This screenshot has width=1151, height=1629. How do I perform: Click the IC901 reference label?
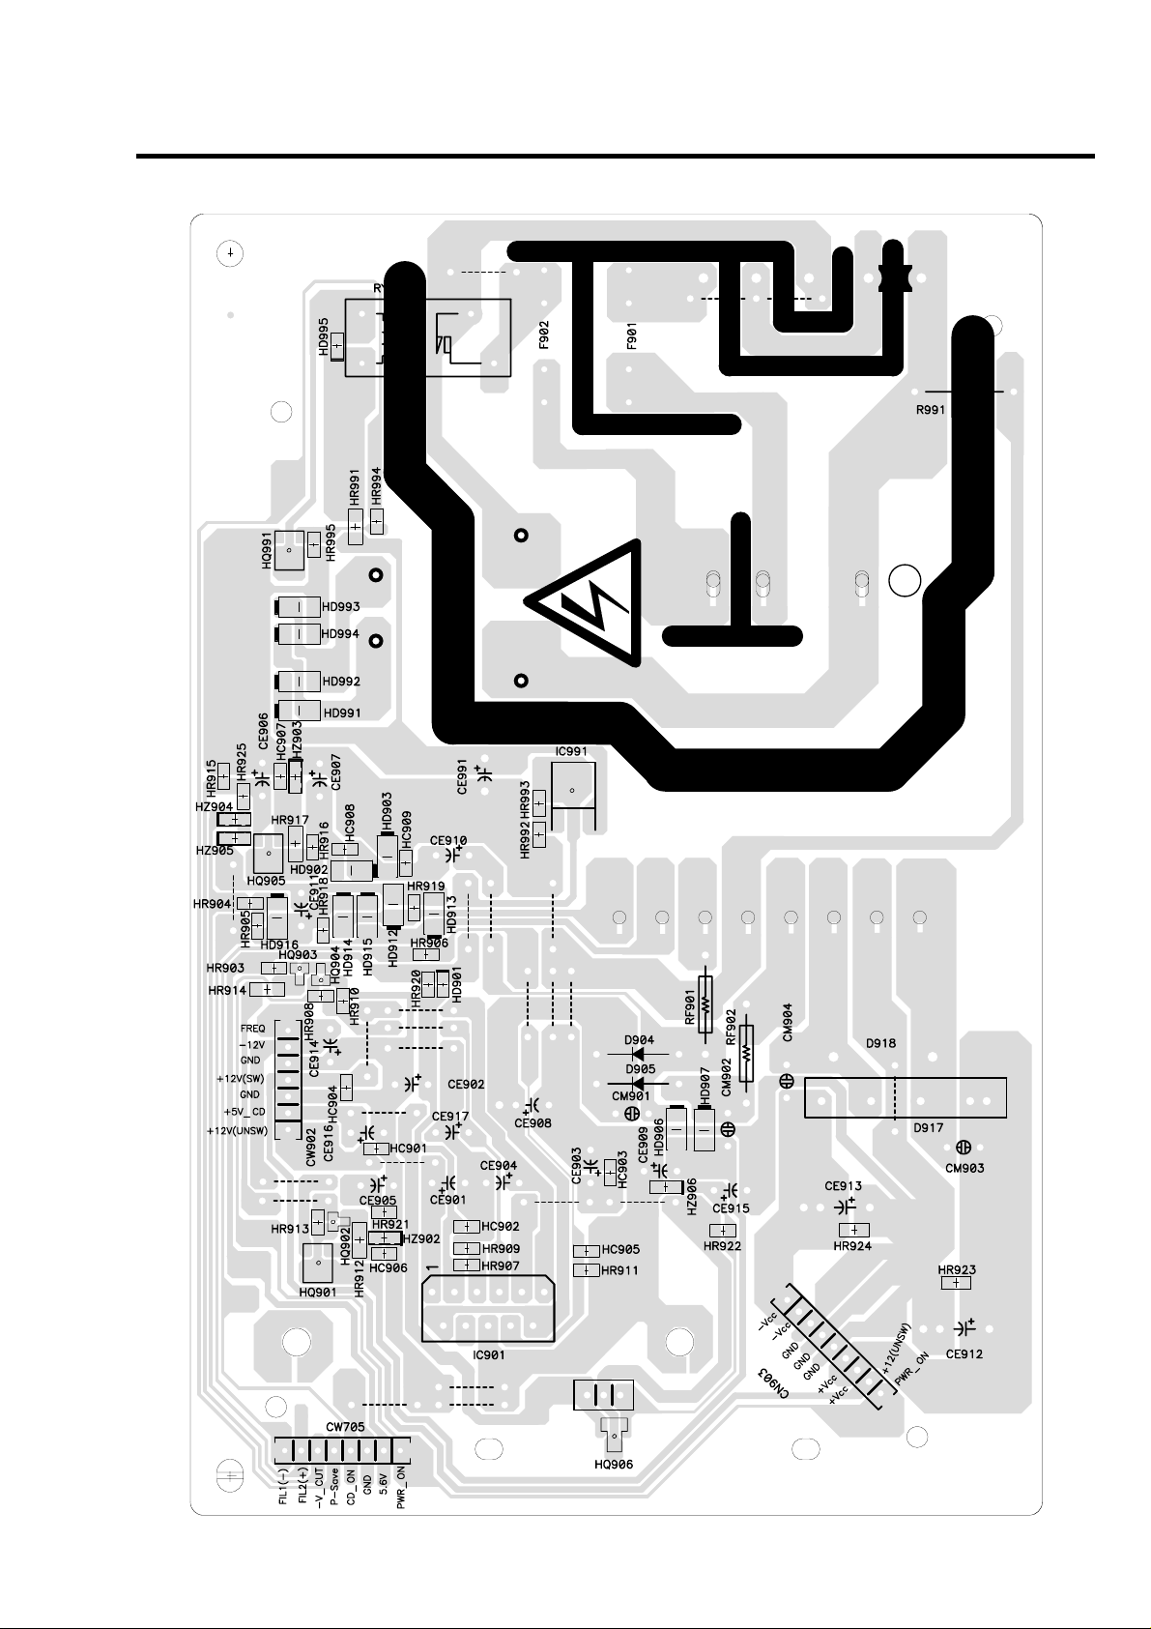tap(489, 1354)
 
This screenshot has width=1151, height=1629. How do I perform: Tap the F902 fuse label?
tap(544, 335)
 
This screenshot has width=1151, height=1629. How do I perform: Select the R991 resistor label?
tap(932, 409)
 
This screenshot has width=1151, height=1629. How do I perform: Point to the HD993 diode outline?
tap(299, 607)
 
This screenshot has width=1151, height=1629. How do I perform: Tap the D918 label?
tap(880, 1044)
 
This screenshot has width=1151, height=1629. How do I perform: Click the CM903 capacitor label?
tap(964, 1168)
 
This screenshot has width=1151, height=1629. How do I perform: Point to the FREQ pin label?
tap(252, 1029)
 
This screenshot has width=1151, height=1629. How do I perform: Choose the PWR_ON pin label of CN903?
tap(911, 1371)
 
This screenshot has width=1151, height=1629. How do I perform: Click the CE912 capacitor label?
tap(964, 1353)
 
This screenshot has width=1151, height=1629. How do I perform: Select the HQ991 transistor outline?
tap(289, 551)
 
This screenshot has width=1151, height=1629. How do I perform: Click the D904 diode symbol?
tap(639, 1051)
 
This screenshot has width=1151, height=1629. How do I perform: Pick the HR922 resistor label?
tap(722, 1246)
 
